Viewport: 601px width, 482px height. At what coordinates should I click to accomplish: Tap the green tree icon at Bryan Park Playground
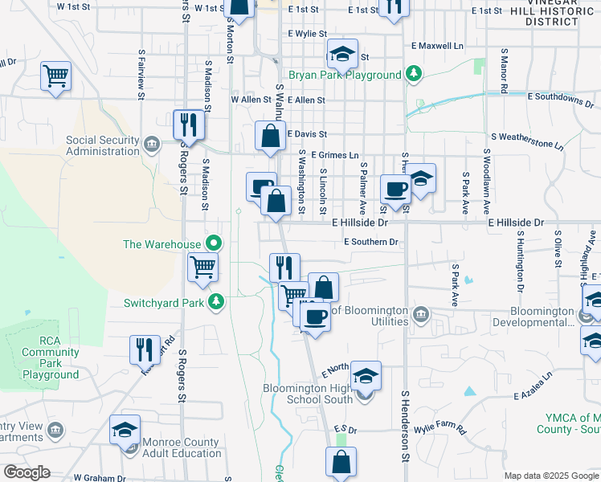tap(414, 75)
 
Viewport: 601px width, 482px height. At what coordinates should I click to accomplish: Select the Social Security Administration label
tap(102, 145)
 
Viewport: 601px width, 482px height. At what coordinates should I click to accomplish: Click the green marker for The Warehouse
tap(213, 243)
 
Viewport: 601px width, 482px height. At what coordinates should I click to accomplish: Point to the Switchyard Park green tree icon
tap(215, 302)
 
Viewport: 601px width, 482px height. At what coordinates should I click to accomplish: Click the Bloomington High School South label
tap(308, 394)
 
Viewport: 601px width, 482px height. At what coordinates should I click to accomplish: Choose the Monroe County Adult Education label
tap(181, 447)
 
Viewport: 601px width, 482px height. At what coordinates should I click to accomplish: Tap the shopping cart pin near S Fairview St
tap(56, 76)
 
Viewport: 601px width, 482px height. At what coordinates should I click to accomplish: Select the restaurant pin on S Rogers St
tap(190, 124)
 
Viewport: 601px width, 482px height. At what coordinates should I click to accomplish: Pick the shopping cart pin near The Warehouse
tap(202, 267)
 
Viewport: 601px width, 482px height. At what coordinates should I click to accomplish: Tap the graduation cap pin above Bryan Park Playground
tap(342, 55)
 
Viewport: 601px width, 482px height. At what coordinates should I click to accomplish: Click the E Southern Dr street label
tap(370, 242)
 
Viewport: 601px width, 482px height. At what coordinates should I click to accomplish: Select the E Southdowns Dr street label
tap(560, 97)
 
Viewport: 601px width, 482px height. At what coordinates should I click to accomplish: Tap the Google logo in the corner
tap(27, 472)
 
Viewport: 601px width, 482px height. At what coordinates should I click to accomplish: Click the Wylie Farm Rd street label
tap(440, 427)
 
